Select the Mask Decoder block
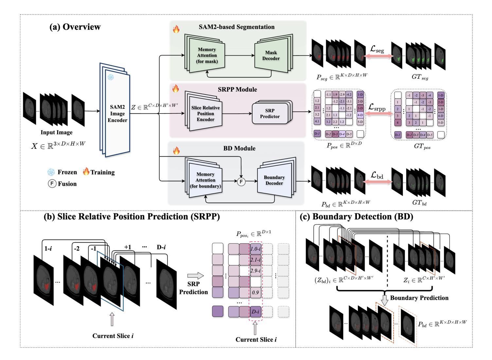[271, 55]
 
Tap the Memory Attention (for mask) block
[206, 56]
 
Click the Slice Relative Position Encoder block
[205, 113]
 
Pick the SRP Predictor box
[270, 113]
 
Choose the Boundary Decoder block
[274, 180]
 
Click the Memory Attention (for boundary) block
[205, 180]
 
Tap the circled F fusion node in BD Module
[241, 182]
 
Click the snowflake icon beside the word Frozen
[51, 172]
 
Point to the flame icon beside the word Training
[86, 172]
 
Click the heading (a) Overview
[75, 27]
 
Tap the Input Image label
[57, 132]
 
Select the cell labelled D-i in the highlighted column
[255, 312]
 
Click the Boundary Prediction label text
[419, 298]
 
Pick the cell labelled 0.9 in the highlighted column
[255, 292]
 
